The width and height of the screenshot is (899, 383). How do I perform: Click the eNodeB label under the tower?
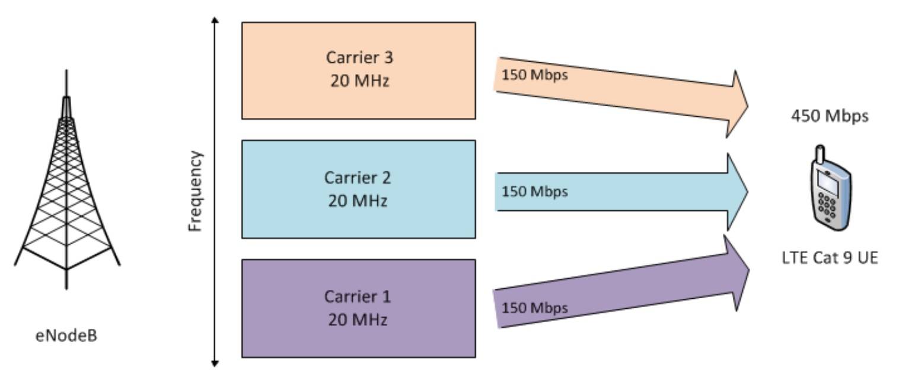[x=66, y=336]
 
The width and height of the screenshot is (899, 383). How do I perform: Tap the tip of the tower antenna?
[x=66, y=72]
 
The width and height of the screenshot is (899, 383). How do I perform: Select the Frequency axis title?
[x=196, y=191]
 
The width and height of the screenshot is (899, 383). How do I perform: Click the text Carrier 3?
[x=359, y=58]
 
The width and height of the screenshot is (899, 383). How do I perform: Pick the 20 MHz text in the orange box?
[x=359, y=81]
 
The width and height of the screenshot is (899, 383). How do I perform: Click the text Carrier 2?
[x=358, y=177]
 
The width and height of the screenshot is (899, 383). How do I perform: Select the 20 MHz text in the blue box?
[x=358, y=201]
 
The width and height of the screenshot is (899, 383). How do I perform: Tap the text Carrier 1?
[x=358, y=296]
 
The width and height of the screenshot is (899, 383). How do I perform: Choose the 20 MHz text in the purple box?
[x=358, y=320]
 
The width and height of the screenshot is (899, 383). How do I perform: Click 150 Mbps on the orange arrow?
[x=534, y=75]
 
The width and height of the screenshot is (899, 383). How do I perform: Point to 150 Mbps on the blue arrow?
[x=534, y=191]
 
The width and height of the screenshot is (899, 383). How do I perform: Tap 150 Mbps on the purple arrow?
[x=534, y=308]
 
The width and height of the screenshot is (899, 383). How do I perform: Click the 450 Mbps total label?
[x=830, y=116]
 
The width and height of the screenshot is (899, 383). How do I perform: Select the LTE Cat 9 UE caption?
[x=830, y=258]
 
